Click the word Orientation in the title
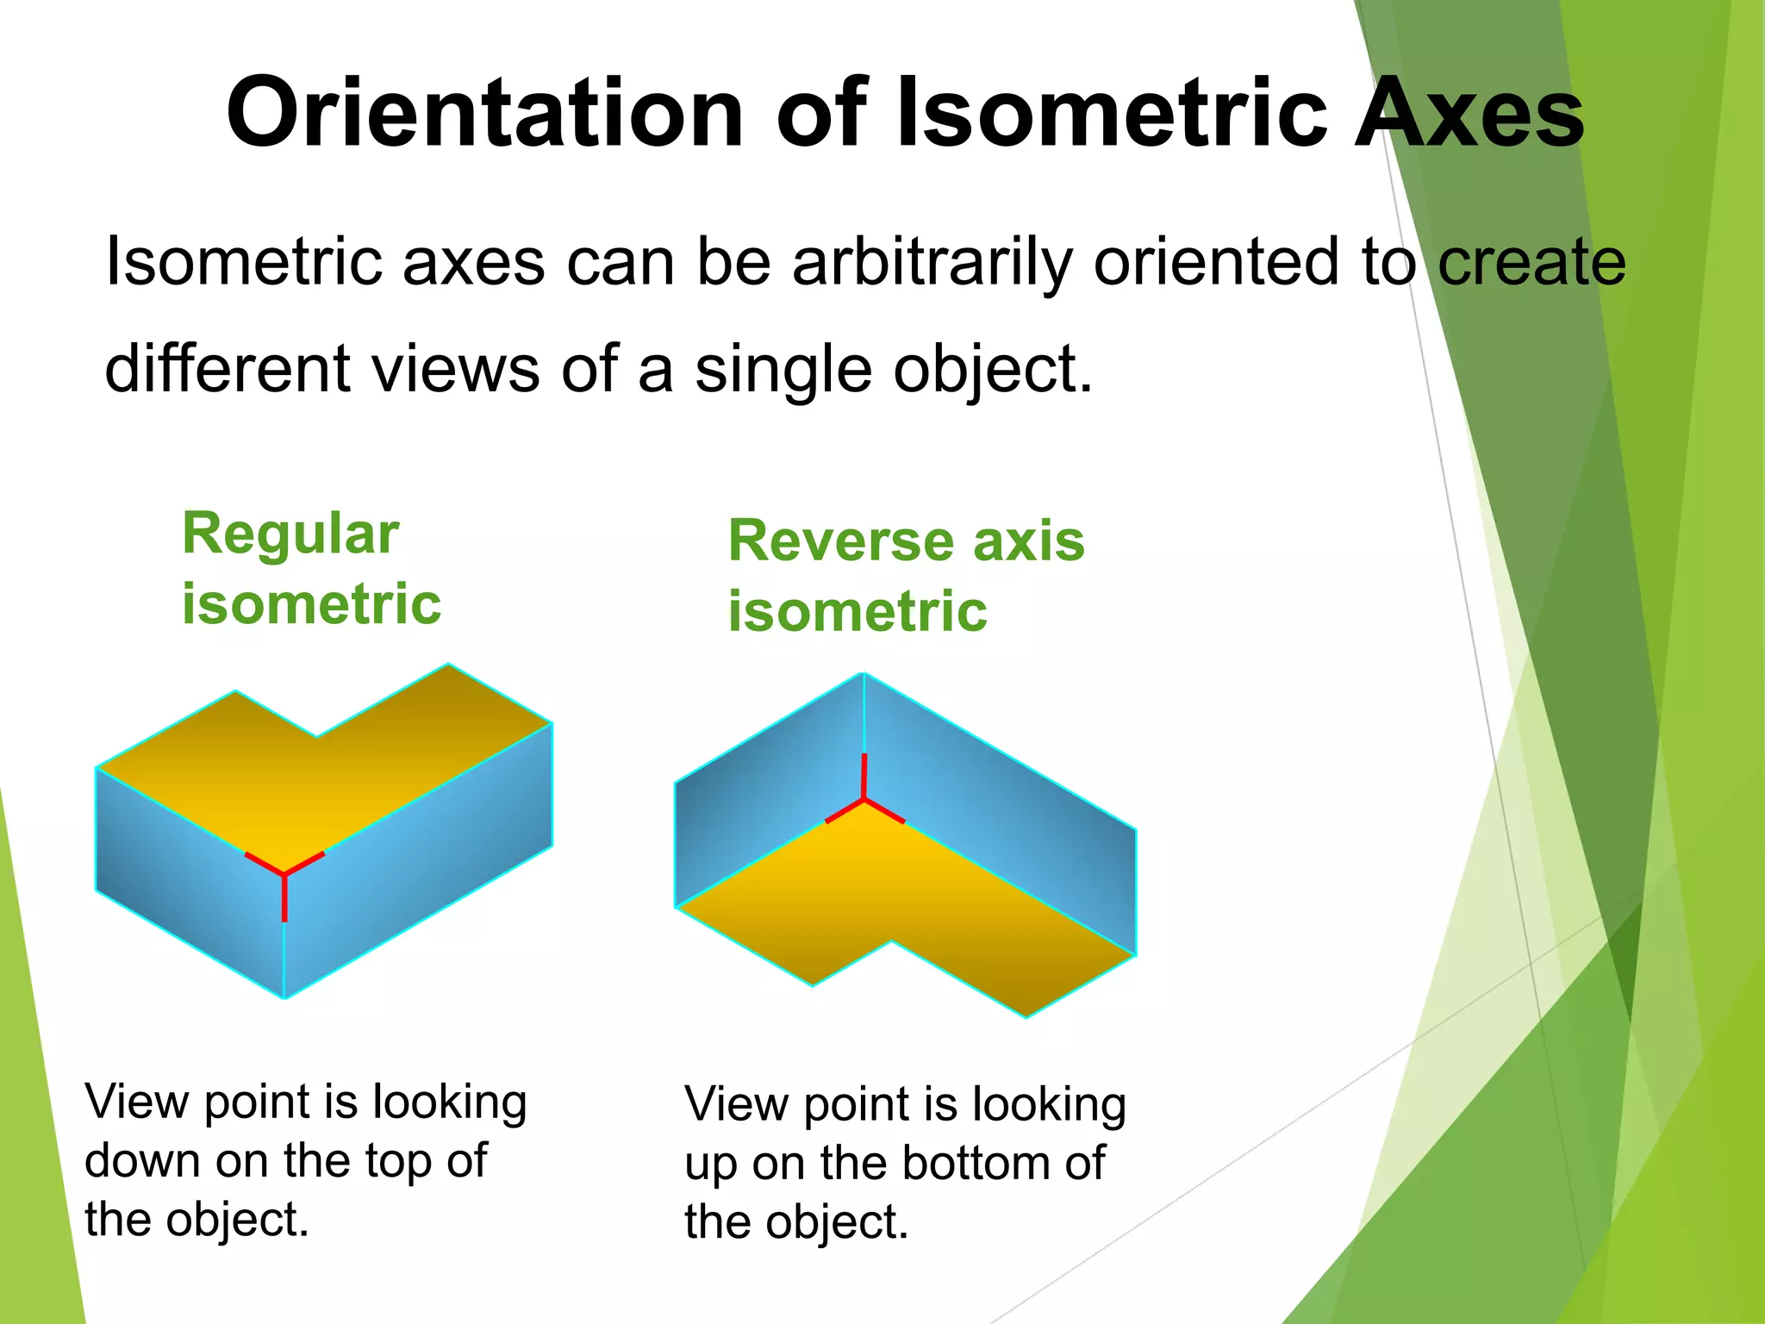pyautogui.click(x=484, y=114)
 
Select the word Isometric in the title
pyautogui.click(x=1112, y=114)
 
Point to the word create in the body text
pyautogui.click(x=1531, y=262)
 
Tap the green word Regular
pyautogui.click(x=290, y=534)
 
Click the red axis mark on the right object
pyautogui.click(x=864, y=798)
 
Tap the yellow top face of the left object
pyautogui.click(x=327, y=776)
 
